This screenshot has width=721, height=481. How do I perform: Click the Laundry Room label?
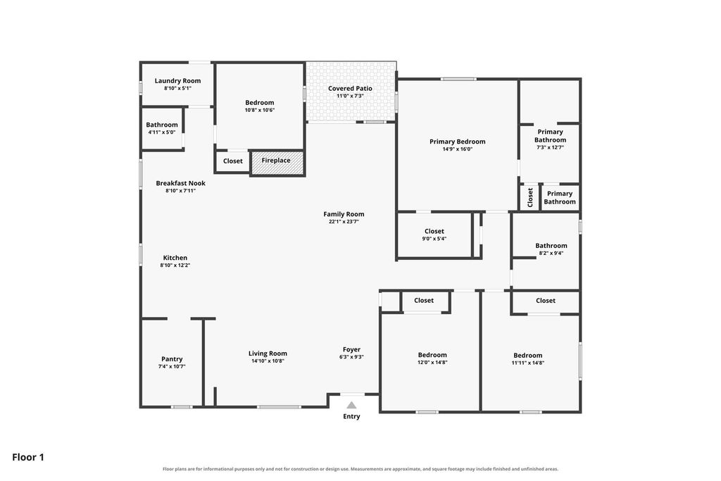click(177, 81)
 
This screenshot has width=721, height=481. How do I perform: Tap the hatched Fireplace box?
click(277, 163)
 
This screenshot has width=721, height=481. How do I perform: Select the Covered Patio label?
click(350, 88)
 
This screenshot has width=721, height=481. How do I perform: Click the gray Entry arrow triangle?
click(351, 405)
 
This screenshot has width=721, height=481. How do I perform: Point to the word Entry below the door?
click(351, 417)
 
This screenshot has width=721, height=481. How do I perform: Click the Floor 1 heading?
click(28, 457)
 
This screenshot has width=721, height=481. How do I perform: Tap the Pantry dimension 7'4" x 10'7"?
click(172, 366)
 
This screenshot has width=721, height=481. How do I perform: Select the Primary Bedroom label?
click(458, 142)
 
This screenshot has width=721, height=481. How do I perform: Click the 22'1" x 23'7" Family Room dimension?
click(344, 221)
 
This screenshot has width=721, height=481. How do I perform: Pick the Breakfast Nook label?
click(181, 183)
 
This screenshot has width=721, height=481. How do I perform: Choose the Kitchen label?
click(175, 258)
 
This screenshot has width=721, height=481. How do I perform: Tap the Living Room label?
click(268, 354)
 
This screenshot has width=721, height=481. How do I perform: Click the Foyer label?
click(352, 349)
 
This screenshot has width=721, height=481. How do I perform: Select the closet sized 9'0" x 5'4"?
click(434, 235)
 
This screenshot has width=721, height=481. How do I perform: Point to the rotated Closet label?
click(530, 197)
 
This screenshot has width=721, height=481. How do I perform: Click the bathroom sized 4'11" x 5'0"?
click(162, 128)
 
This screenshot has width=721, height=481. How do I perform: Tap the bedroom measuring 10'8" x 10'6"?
click(260, 106)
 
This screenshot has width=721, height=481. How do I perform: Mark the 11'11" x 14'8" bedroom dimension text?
click(528, 363)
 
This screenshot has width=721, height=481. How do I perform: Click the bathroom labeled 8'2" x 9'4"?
click(551, 249)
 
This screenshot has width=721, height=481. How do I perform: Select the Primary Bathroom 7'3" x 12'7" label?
click(551, 139)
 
